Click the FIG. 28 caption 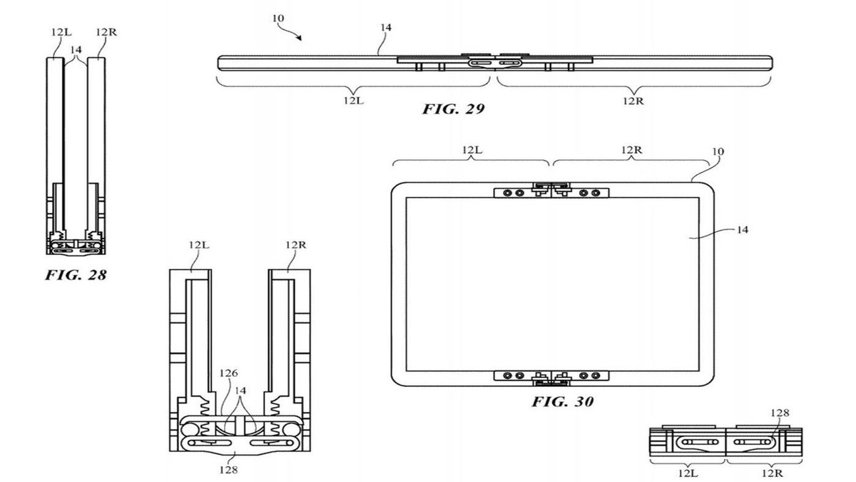coord(76,275)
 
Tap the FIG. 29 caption coord(453,109)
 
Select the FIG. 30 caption coord(563,401)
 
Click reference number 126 coord(228,373)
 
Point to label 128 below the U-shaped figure coord(228,470)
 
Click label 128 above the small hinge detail coord(780,413)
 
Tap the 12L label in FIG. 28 coord(61,32)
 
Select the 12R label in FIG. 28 coord(106,32)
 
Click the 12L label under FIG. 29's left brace coord(354,101)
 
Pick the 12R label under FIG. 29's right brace coord(633,101)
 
